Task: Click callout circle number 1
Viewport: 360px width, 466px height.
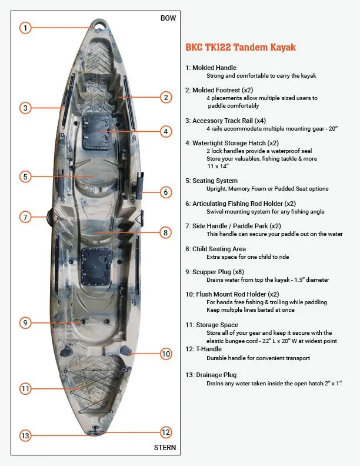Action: coord(25,27)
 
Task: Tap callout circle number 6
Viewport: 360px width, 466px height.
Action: coord(166,192)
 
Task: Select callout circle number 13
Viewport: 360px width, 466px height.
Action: coord(25,435)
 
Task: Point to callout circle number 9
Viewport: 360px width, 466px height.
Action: coord(25,322)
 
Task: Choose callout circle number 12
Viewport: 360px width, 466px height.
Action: coord(166,432)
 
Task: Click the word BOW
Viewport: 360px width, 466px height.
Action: coord(168,18)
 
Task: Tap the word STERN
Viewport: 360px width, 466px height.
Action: coord(165,448)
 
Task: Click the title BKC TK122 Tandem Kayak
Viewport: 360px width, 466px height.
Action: coord(240,47)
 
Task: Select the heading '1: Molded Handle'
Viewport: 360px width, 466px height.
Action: coord(211,68)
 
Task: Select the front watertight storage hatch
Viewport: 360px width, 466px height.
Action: coord(94,131)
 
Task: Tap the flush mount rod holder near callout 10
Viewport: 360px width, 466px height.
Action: coord(126,351)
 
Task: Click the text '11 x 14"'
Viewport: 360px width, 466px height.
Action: coord(217,167)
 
